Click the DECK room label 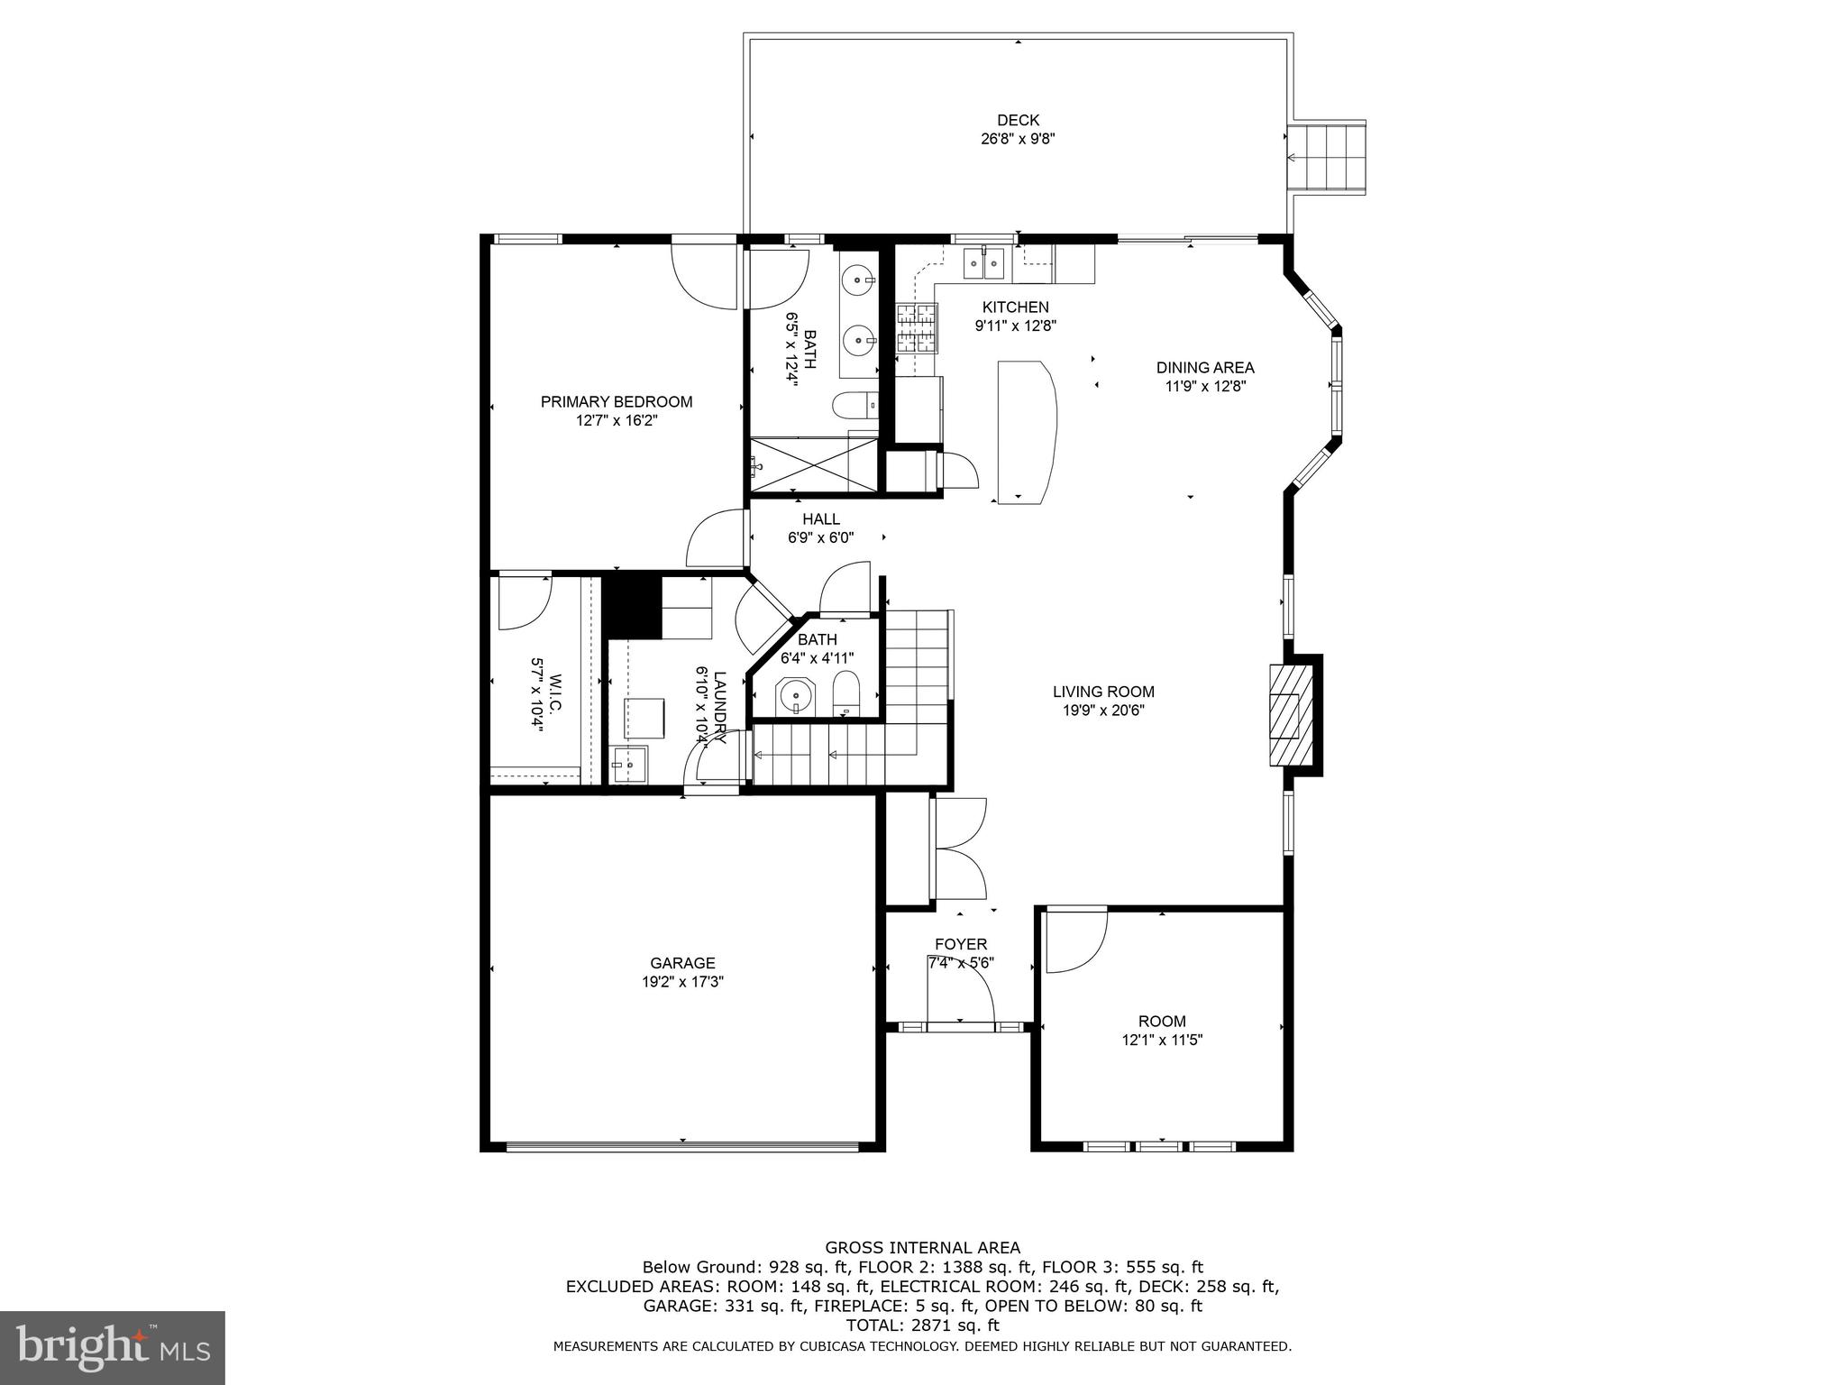(1018, 120)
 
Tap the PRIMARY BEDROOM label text (616, 402)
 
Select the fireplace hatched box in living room (1285, 715)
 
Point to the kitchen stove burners (917, 327)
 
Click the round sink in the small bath (796, 695)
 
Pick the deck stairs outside (1327, 158)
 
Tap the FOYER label (961, 944)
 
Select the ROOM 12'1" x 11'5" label (1161, 1030)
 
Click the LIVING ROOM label (1103, 692)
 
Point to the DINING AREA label (1205, 368)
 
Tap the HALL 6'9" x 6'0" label (820, 528)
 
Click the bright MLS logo (112, 1347)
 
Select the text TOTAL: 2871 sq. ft (922, 1325)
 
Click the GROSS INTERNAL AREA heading (922, 1248)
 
